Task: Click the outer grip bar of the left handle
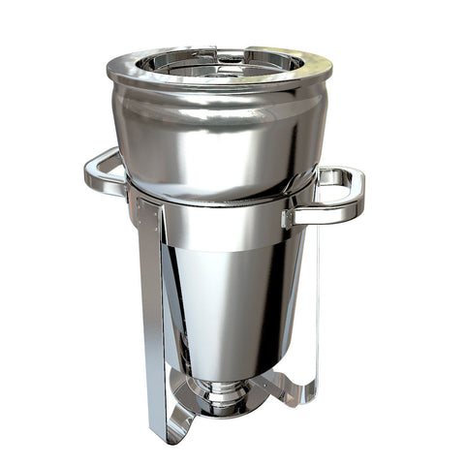[90, 174]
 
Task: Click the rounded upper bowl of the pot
[218, 136]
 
